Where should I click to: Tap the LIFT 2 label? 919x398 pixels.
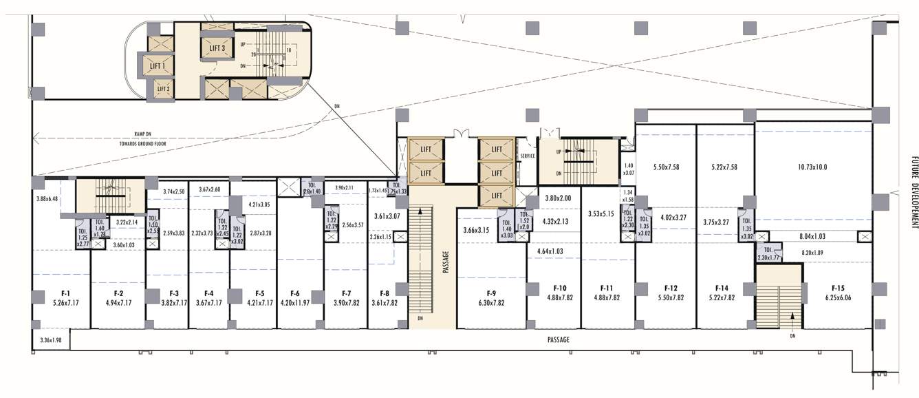click(163, 89)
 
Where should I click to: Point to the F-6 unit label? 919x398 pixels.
click(296, 293)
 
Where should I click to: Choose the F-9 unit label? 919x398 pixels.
click(491, 292)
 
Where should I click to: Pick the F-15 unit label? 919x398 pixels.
click(837, 289)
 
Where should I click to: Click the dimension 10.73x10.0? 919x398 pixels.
click(812, 167)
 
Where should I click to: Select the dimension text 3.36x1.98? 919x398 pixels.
click(52, 339)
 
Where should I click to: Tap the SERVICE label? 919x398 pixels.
click(528, 156)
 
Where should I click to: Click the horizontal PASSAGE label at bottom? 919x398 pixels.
click(558, 339)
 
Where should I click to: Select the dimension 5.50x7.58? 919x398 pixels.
click(667, 167)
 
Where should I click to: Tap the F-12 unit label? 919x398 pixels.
click(671, 289)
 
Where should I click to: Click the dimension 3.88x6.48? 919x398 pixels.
click(47, 199)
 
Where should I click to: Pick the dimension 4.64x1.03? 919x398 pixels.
click(545, 252)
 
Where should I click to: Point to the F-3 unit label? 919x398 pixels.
click(174, 293)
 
